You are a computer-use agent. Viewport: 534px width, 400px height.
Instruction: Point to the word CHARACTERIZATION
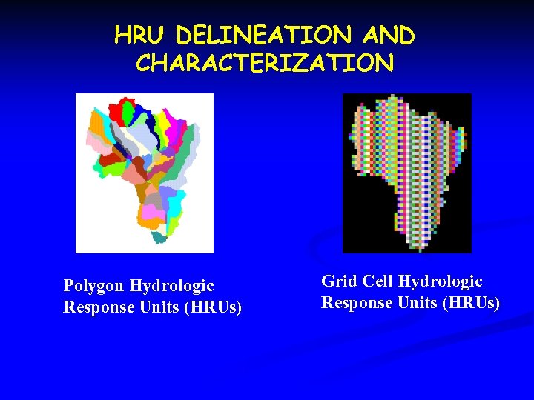265,63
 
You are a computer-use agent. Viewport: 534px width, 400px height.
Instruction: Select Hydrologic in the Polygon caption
171,286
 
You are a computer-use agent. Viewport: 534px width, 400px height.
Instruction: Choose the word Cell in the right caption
377,281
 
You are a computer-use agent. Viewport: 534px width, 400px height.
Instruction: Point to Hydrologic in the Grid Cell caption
441,281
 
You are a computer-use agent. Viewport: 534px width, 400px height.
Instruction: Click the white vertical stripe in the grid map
407,170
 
